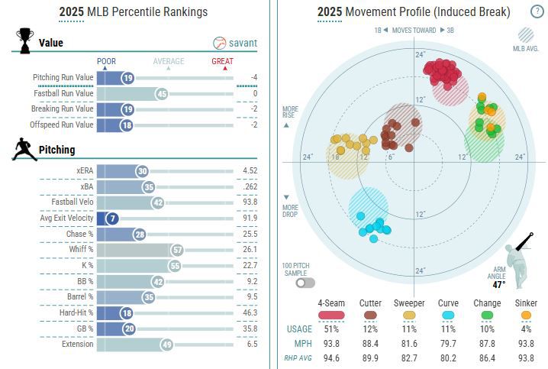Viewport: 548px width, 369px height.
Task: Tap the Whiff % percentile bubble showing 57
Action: click(177, 250)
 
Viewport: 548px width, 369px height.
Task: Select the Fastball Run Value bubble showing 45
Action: click(161, 93)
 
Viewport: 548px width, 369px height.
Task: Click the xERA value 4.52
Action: click(250, 171)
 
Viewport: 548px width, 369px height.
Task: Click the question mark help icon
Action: click(537, 11)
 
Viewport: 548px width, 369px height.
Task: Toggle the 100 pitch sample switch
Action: click(305, 283)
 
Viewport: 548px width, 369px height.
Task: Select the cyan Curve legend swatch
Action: click(449, 314)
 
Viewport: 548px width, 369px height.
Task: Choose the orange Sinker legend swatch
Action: click(527, 314)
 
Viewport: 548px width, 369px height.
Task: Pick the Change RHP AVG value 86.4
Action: click(487, 357)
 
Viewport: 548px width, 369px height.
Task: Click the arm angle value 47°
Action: click(521, 285)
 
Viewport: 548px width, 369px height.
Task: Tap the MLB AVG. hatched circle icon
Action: click(526, 34)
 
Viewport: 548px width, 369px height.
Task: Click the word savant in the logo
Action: click(244, 43)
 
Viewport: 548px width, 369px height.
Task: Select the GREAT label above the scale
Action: click(223, 62)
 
